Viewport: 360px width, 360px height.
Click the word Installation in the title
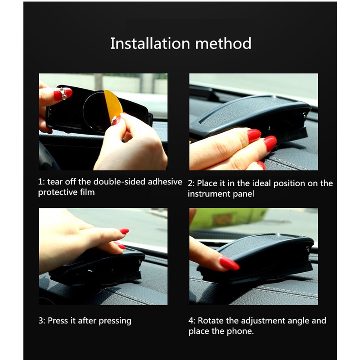(150, 43)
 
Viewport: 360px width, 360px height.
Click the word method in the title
(223, 43)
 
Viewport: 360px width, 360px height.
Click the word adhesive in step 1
(165, 182)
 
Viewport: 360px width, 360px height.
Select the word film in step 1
(87, 192)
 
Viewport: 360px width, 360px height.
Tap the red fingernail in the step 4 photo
(229, 263)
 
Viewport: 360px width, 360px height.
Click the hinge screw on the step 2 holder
(305, 115)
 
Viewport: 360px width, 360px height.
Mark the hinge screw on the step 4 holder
(308, 249)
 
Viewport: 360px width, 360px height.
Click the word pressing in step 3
(115, 321)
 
